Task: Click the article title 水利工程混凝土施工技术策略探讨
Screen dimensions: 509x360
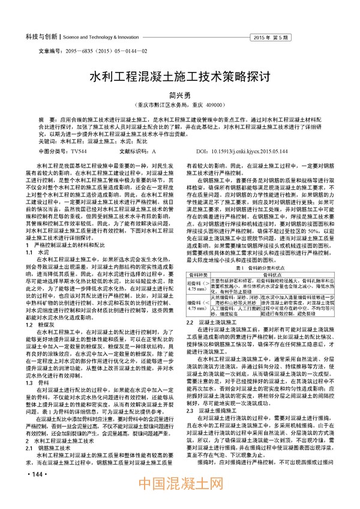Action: point(180,77)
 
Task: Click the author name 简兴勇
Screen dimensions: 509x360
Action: point(179,94)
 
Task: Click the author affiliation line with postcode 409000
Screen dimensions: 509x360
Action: point(179,104)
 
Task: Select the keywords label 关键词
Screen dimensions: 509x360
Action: point(48,143)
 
